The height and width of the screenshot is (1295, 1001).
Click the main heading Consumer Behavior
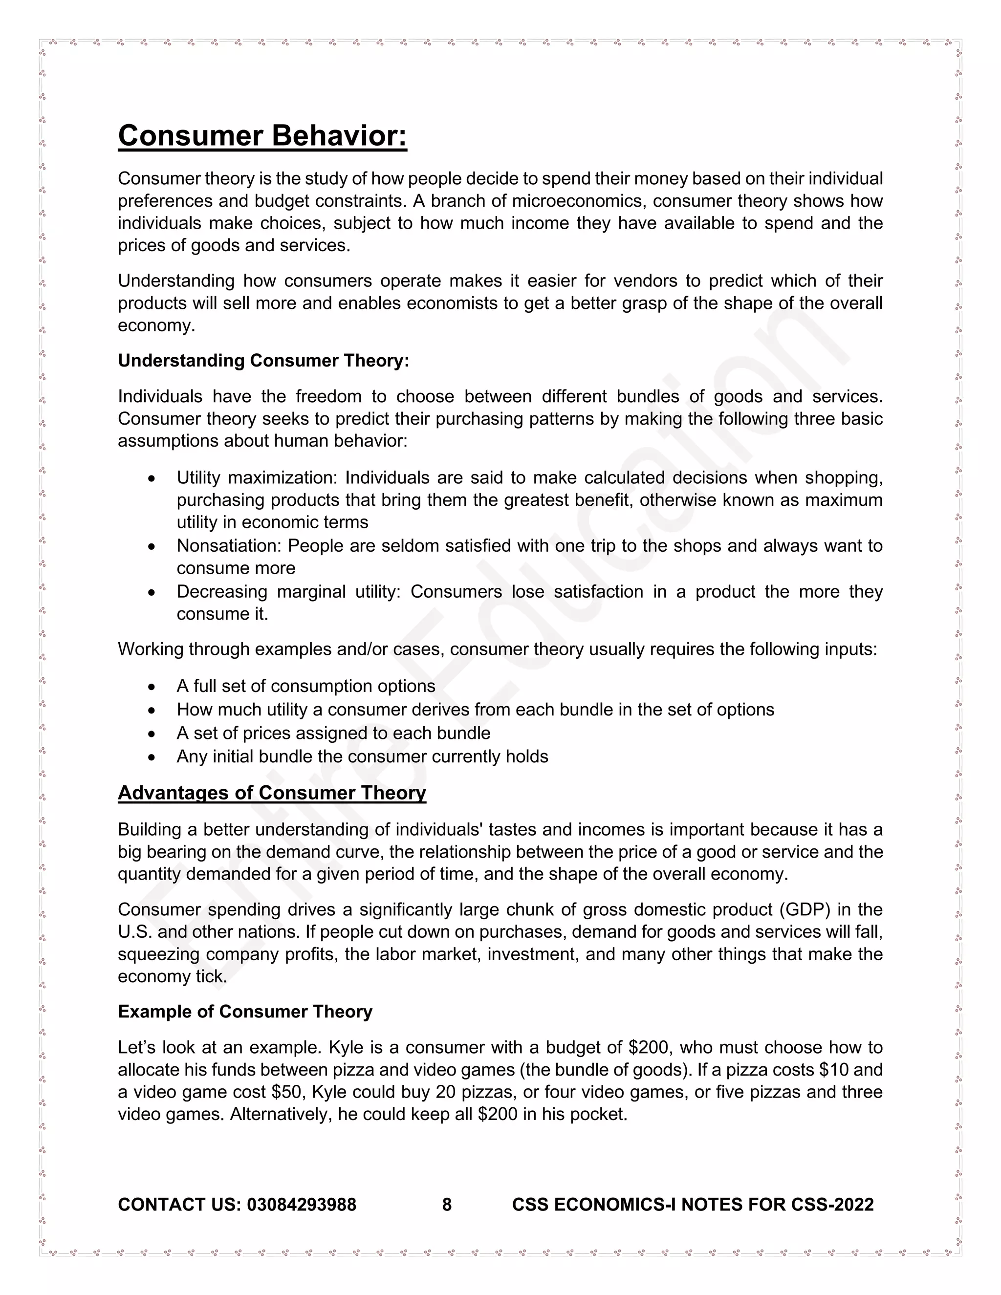pyautogui.click(x=262, y=136)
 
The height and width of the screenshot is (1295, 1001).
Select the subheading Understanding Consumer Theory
pyautogui.click(x=263, y=361)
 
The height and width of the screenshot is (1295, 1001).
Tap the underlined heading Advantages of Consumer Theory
pyautogui.click(x=272, y=793)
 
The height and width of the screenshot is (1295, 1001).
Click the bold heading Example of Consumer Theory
pyautogui.click(x=245, y=1012)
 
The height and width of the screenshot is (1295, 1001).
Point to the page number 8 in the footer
pyautogui.click(x=447, y=1204)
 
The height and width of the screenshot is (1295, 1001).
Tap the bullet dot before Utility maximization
pyautogui.click(x=152, y=478)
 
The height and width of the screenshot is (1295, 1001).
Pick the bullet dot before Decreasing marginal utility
pyautogui.click(x=152, y=592)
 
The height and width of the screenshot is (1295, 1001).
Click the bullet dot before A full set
pyautogui.click(x=152, y=687)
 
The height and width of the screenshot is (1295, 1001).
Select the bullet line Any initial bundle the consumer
pyautogui.click(x=362, y=756)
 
